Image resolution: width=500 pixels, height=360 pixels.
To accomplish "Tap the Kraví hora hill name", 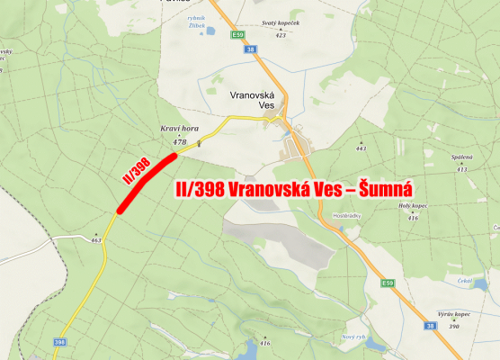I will point(175,130).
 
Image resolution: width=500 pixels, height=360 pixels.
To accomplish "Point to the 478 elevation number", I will point(178,141).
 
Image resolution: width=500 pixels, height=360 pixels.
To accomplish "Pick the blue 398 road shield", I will point(60,342).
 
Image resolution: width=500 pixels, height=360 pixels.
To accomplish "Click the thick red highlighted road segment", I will point(147,183).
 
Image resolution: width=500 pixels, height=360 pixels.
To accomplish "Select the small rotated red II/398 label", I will point(135,169).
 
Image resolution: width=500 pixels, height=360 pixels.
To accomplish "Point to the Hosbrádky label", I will point(347,216).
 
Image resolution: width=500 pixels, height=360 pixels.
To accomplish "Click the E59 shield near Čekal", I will point(388,284).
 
